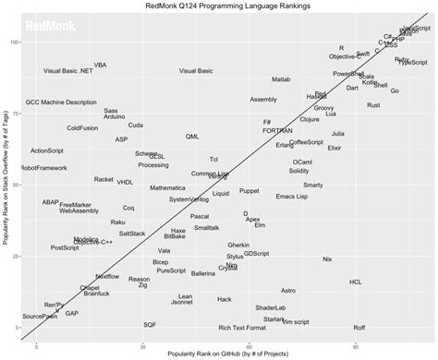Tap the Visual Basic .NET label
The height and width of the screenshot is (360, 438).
pos(68,71)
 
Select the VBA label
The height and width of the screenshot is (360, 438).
pos(100,65)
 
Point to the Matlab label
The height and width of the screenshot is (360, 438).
pos(282,81)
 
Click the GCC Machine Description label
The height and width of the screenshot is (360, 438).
pos(60,102)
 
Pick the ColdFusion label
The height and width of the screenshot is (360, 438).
pos(84,127)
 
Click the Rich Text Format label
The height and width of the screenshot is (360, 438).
pos(243,327)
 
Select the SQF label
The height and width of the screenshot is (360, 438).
pos(150,325)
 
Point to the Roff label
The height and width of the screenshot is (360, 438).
pos(359,327)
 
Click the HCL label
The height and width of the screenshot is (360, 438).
pos(356,282)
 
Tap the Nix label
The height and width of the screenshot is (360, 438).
pos(326,259)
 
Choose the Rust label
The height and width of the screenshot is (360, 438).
pos(373,105)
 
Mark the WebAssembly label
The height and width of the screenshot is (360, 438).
pos(79,210)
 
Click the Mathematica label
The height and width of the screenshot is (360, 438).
pos(168,187)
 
